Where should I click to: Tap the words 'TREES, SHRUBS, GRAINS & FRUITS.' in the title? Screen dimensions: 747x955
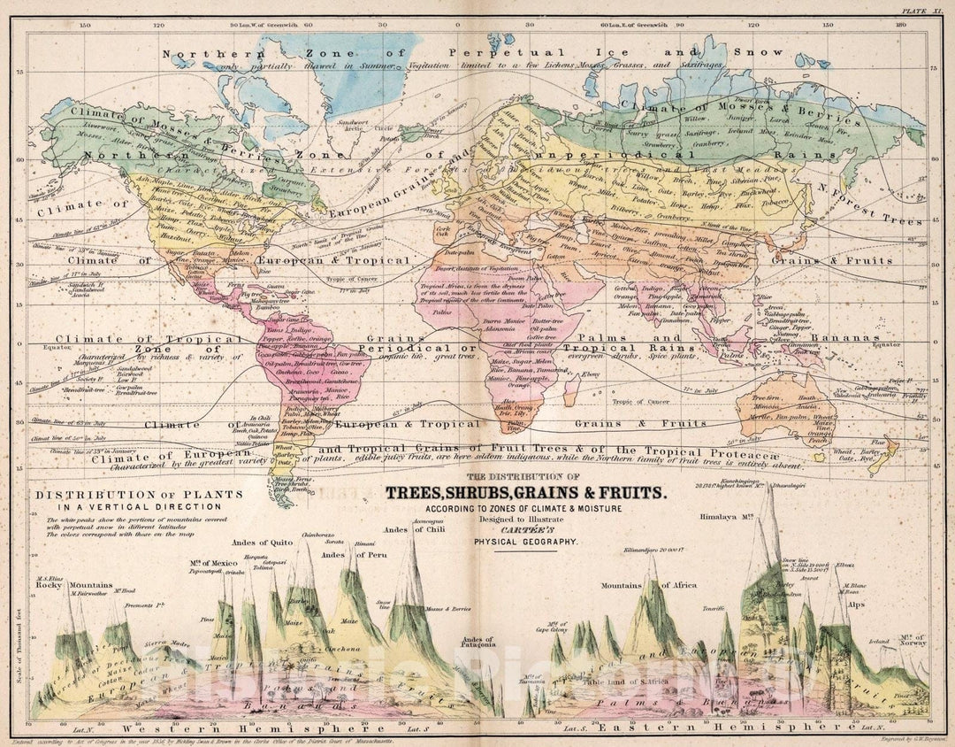pos(524,493)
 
